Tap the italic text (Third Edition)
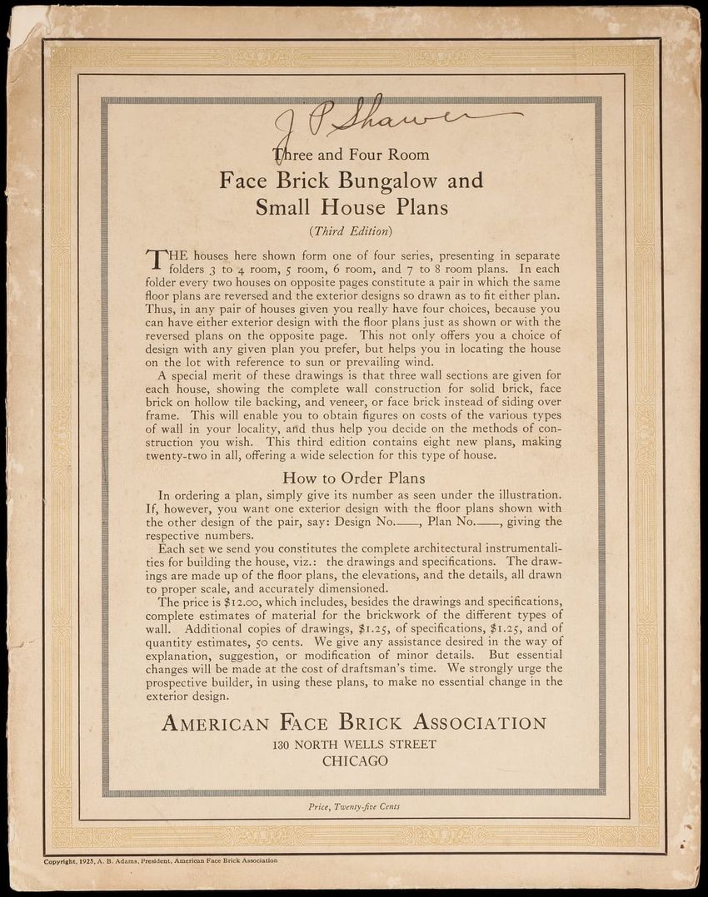[351, 230]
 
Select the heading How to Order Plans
[354, 478]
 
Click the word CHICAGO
[355, 761]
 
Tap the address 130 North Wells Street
[354, 744]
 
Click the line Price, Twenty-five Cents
[354, 806]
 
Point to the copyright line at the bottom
[161, 861]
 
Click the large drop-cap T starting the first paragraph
[155, 260]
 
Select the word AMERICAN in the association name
[216, 722]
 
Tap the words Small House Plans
[352, 206]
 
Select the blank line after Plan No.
[488, 524]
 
